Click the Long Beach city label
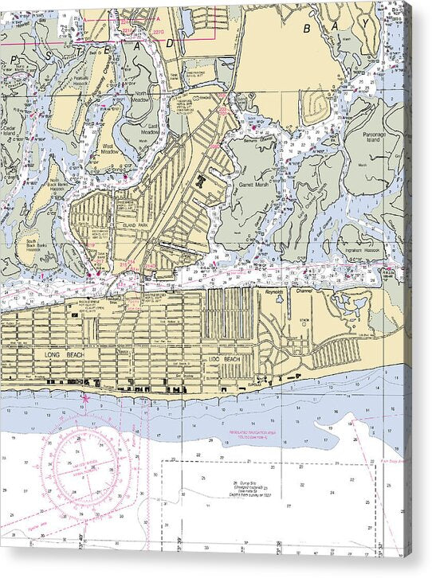click(x=59, y=353)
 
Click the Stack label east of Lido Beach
click(x=304, y=322)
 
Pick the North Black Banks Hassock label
click(x=38, y=184)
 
